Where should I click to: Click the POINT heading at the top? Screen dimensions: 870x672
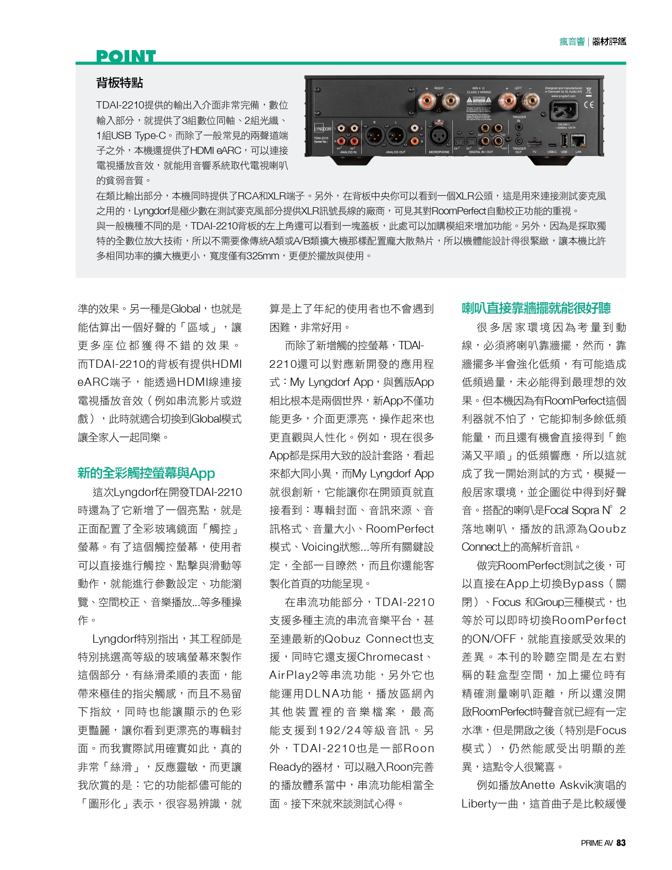click(x=126, y=56)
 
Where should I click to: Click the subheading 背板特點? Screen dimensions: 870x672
click(x=119, y=83)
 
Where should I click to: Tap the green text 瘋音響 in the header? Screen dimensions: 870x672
click(x=571, y=42)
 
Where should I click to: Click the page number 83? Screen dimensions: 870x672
click(x=621, y=843)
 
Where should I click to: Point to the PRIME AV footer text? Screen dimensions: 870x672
click(x=597, y=843)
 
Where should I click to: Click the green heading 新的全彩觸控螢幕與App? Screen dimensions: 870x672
click(x=146, y=473)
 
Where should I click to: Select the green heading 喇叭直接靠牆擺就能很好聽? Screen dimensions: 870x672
click(x=536, y=308)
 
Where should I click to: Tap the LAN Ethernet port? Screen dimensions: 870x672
click(x=579, y=139)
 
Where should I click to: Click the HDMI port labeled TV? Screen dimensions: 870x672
click(x=534, y=141)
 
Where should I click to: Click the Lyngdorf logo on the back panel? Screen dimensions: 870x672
click(x=323, y=129)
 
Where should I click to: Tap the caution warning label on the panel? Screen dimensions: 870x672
click(x=479, y=100)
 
